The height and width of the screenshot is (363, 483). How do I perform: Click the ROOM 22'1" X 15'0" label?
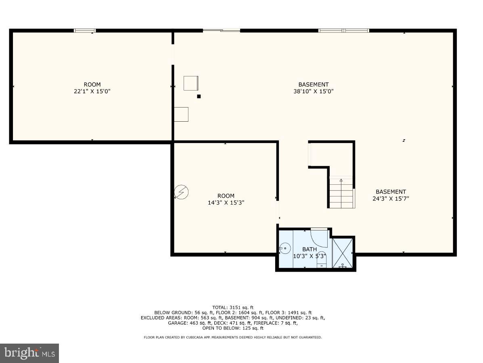pyautogui.click(x=92, y=88)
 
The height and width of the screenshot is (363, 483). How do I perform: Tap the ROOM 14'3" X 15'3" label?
pyautogui.click(x=226, y=199)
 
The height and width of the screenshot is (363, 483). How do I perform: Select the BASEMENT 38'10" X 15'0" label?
pyautogui.click(x=314, y=88)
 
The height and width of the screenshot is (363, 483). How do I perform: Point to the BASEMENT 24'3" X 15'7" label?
pyautogui.click(x=391, y=195)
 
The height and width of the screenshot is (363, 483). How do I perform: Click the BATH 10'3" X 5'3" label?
pyautogui.click(x=309, y=253)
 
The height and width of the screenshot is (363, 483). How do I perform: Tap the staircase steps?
pyautogui.click(x=341, y=194)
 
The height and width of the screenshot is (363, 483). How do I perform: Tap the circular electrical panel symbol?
pyautogui.click(x=181, y=192)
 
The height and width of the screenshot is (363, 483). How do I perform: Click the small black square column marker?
pyautogui.click(x=199, y=96)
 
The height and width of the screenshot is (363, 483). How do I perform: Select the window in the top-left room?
pyautogui.click(x=85, y=30)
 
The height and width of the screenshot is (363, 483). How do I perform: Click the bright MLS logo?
pyautogui.click(x=29, y=353)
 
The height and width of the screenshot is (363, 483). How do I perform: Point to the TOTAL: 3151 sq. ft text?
pyautogui.click(x=233, y=307)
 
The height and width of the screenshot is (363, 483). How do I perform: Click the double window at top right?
pyautogui.click(x=344, y=30)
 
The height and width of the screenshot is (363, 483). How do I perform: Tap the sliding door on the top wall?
pyautogui.click(x=221, y=30)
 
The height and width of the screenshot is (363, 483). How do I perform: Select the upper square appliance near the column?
pyautogui.click(x=191, y=83)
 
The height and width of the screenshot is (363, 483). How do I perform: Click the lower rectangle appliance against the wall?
pyautogui.click(x=181, y=114)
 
